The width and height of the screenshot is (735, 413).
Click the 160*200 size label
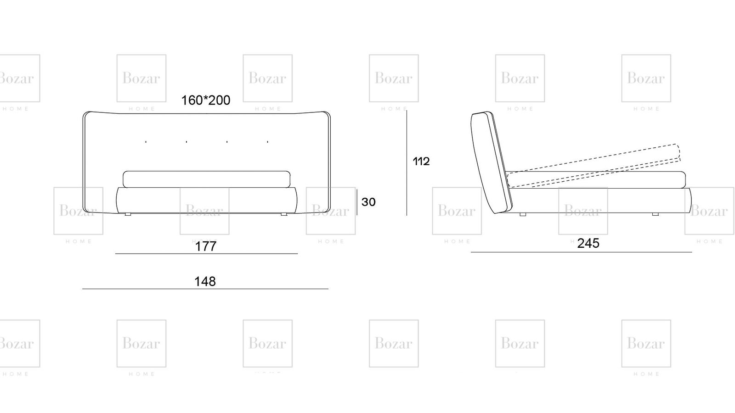(206, 100)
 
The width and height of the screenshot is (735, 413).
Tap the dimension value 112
(421, 161)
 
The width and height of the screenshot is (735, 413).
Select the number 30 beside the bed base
(368, 202)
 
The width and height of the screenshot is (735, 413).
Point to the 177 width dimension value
(206, 246)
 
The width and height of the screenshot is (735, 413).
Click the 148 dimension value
(205, 281)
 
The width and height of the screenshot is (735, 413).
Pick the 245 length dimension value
(588, 243)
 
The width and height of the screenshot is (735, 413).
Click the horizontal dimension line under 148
(205, 289)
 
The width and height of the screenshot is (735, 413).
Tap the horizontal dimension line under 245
(582, 252)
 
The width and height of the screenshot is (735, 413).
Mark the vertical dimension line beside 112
(407, 163)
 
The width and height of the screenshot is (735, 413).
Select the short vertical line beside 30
(357, 201)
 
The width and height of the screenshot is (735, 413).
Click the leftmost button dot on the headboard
(146, 142)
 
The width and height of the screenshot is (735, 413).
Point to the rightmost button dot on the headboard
(267, 142)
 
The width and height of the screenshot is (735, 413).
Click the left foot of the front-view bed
(128, 214)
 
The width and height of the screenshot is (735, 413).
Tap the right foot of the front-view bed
(284, 214)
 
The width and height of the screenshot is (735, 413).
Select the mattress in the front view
(206, 179)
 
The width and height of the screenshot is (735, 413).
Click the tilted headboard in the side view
(491, 162)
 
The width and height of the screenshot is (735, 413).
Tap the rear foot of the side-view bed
(523, 214)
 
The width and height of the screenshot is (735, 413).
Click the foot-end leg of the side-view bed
(655, 214)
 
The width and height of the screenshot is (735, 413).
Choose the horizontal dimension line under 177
(206, 253)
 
